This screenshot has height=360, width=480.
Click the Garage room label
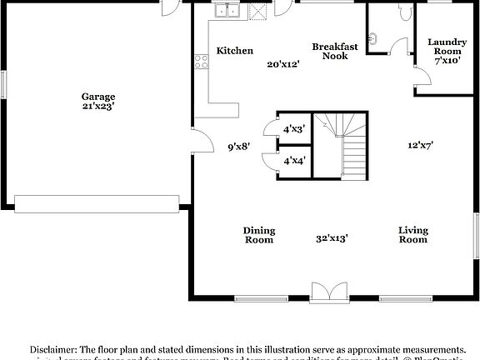[x=97, y=96]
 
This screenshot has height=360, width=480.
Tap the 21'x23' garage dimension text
[x=97, y=107]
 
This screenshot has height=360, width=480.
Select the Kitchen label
[x=234, y=51]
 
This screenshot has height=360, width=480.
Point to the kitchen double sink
[x=226, y=12]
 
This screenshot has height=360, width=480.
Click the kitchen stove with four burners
[x=200, y=60]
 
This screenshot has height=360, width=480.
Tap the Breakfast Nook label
[x=335, y=51]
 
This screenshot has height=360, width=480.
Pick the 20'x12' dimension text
[x=282, y=64]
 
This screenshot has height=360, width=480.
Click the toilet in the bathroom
[x=405, y=12]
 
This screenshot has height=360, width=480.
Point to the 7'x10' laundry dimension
[x=447, y=61]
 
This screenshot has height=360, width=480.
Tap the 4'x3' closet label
[x=293, y=128]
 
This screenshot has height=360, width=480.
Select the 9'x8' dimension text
[x=240, y=147]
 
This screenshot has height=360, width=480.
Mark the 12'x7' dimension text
[x=419, y=145]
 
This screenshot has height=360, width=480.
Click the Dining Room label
[x=258, y=235]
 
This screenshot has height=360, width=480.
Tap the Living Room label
[x=412, y=235]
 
